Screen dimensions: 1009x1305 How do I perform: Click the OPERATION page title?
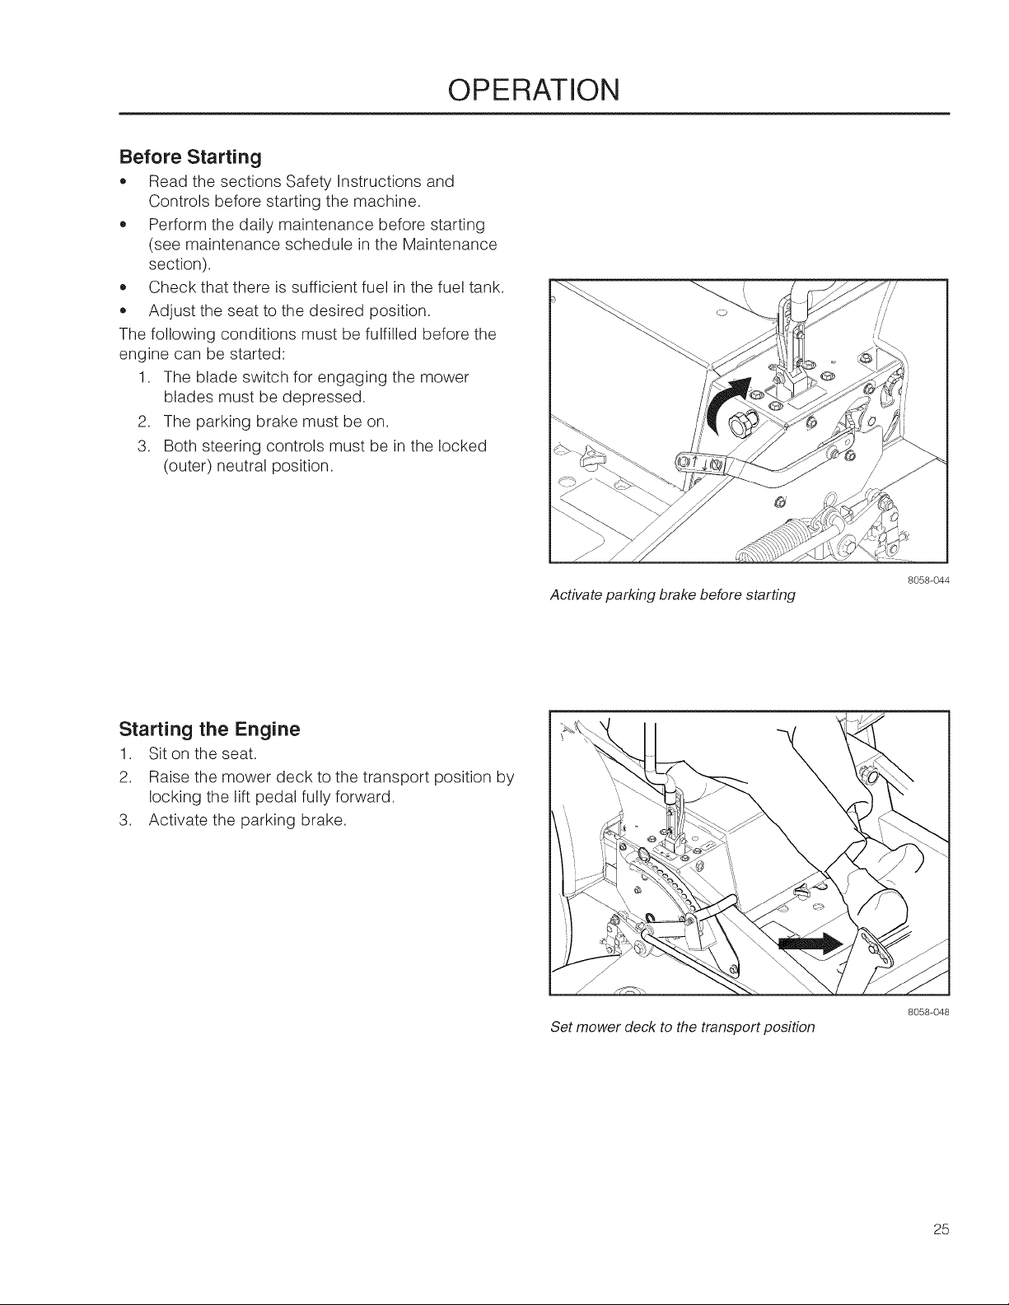(x=534, y=90)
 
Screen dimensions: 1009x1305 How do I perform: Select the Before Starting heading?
(x=190, y=157)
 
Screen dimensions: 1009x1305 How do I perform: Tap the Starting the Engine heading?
(x=209, y=729)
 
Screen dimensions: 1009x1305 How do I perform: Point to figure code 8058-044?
(x=928, y=580)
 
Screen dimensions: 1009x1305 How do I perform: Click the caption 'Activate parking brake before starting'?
(x=673, y=595)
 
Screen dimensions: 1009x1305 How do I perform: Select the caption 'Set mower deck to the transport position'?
(x=682, y=1027)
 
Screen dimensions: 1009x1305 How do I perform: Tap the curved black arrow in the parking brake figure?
(x=726, y=403)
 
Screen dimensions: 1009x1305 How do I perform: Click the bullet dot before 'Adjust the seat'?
(x=123, y=312)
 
